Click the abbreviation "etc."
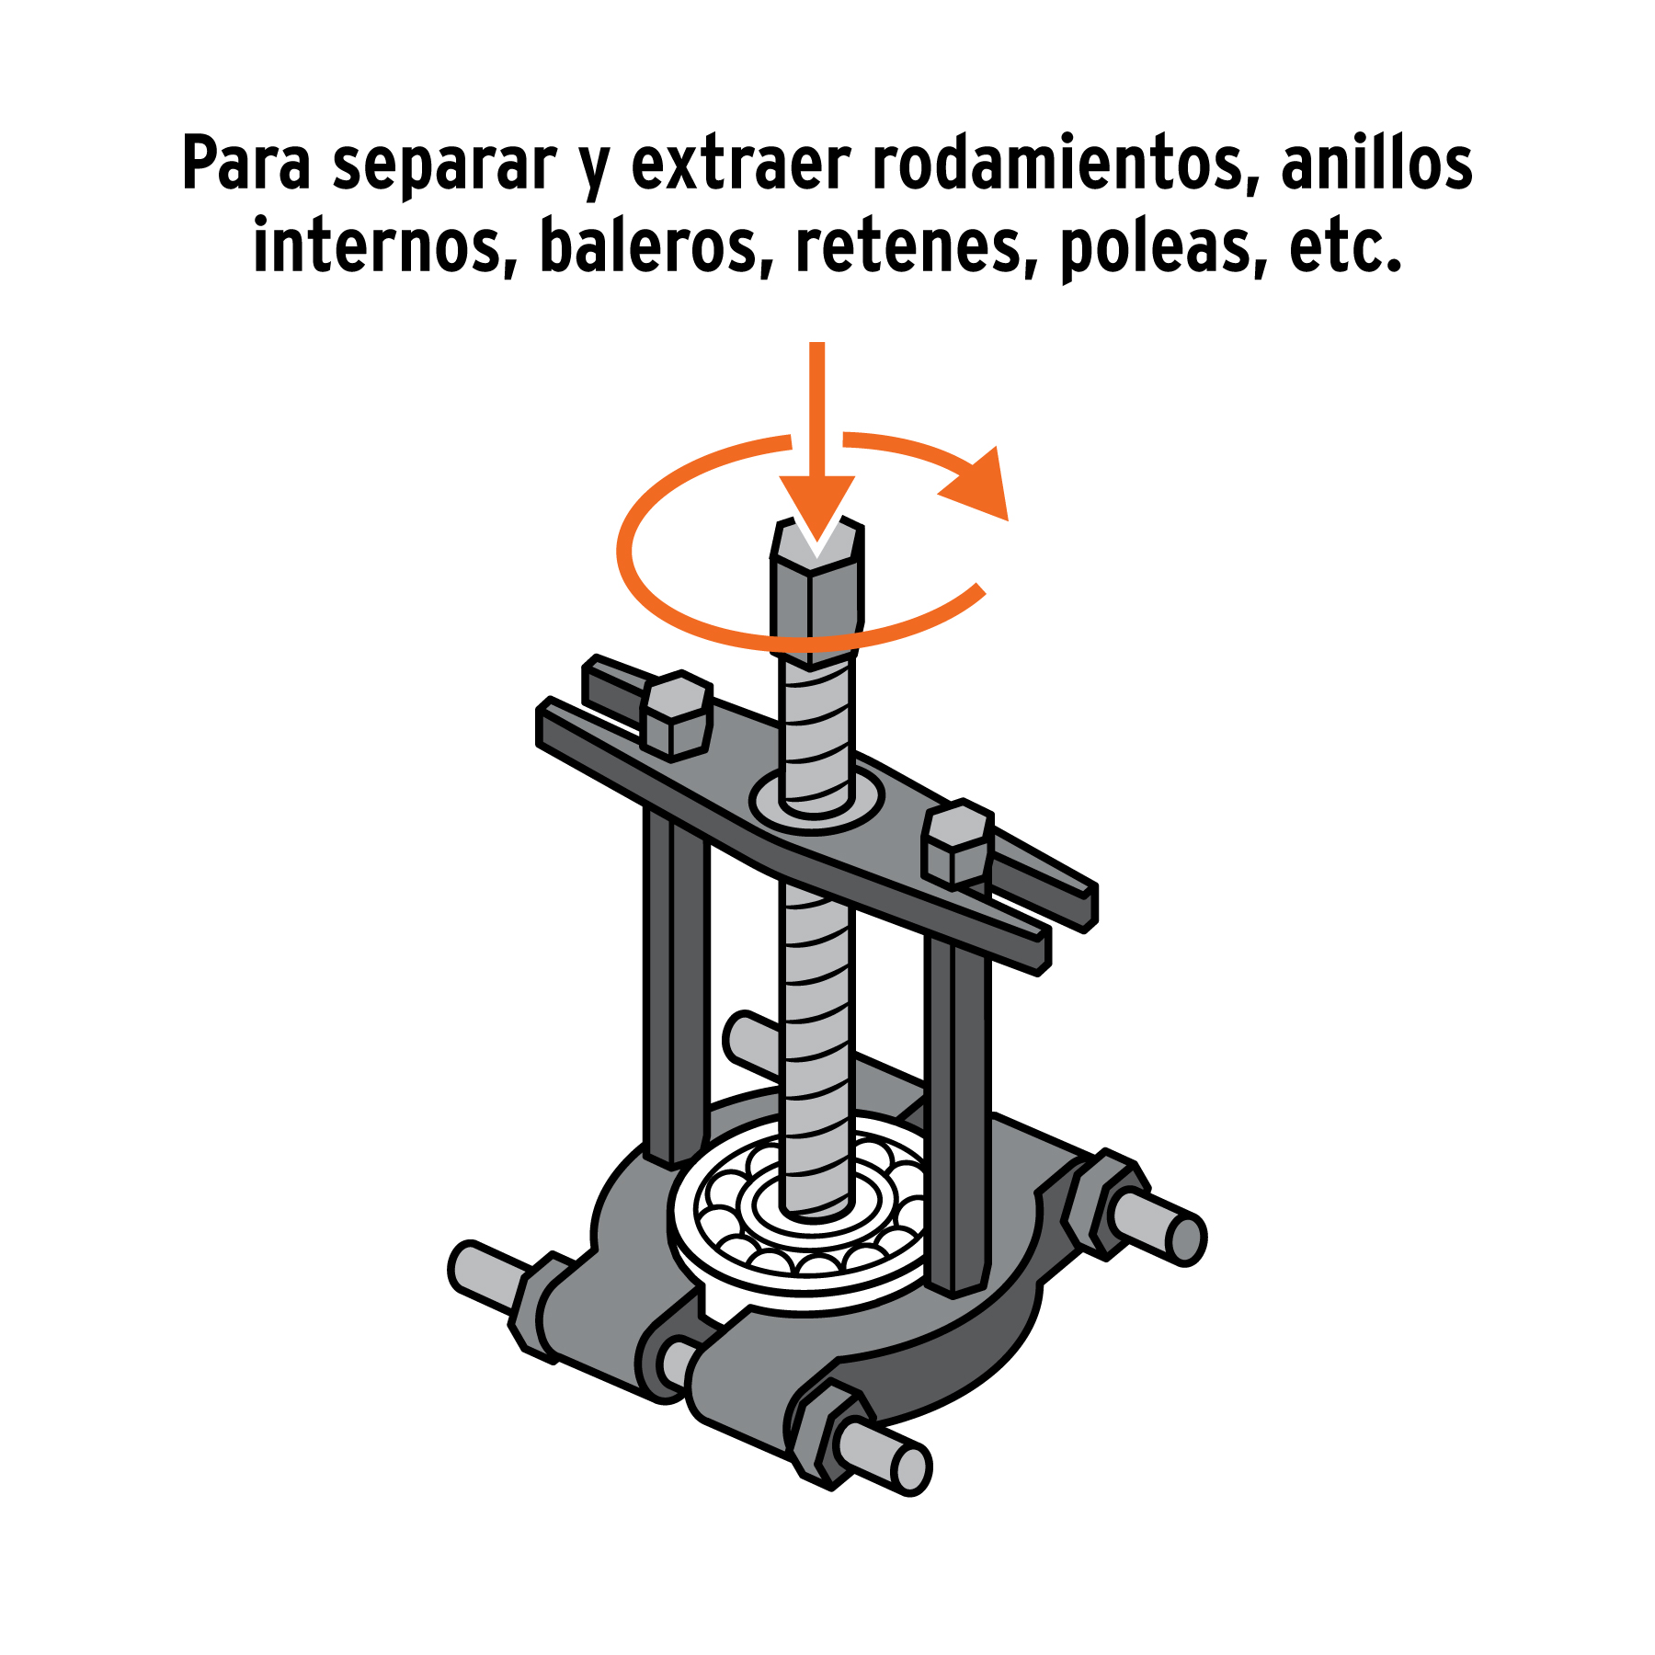tap(1346, 246)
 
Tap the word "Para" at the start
tap(246, 164)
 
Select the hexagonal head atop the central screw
tap(816, 588)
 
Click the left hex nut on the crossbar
tap(678, 715)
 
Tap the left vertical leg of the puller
tap(676, 988)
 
